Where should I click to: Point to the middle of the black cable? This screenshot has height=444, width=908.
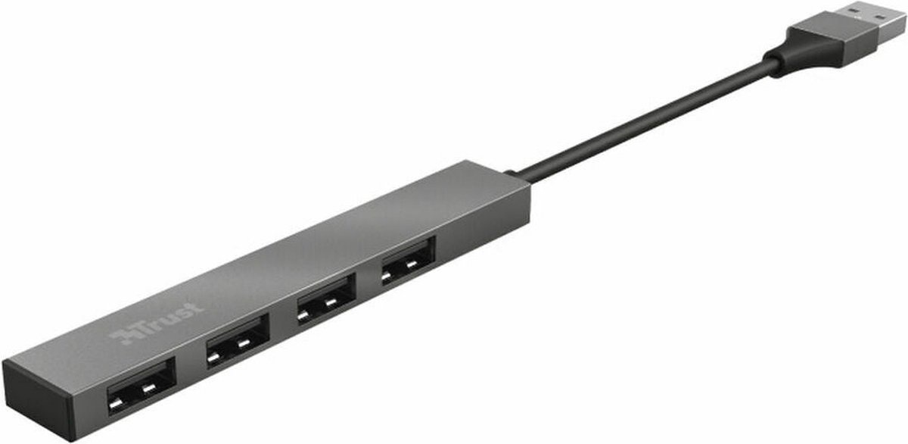(643, 120)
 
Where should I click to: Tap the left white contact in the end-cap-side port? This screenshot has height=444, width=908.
(116, 402)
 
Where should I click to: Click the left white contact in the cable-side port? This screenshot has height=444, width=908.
(387, 275)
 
